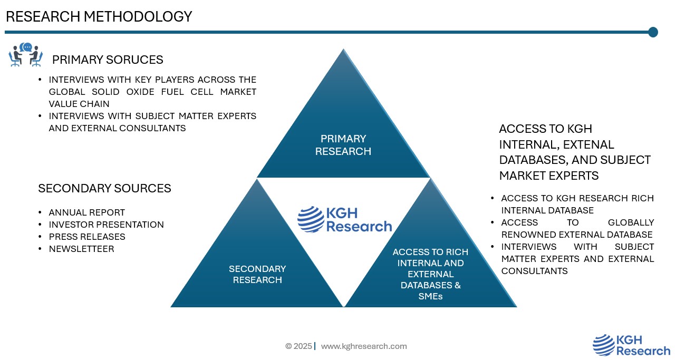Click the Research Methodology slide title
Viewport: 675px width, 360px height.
99,17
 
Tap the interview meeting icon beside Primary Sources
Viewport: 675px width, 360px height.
25,55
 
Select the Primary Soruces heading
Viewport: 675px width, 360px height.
108,60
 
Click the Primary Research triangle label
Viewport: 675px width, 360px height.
343,145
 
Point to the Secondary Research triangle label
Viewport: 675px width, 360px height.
257,274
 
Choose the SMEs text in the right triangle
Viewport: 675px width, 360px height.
430,296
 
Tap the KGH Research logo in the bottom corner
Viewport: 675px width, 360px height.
631,345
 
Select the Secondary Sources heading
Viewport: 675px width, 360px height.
104,188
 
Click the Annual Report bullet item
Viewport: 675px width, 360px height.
86,212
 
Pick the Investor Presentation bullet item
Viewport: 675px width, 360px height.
106,225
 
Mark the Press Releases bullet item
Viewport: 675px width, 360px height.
87,237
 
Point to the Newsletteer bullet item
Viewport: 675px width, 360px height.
81,249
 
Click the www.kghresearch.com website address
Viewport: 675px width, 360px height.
364,346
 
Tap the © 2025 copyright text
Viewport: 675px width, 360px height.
298,346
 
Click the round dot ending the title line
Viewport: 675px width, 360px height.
653,32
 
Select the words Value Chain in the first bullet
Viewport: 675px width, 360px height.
79,104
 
